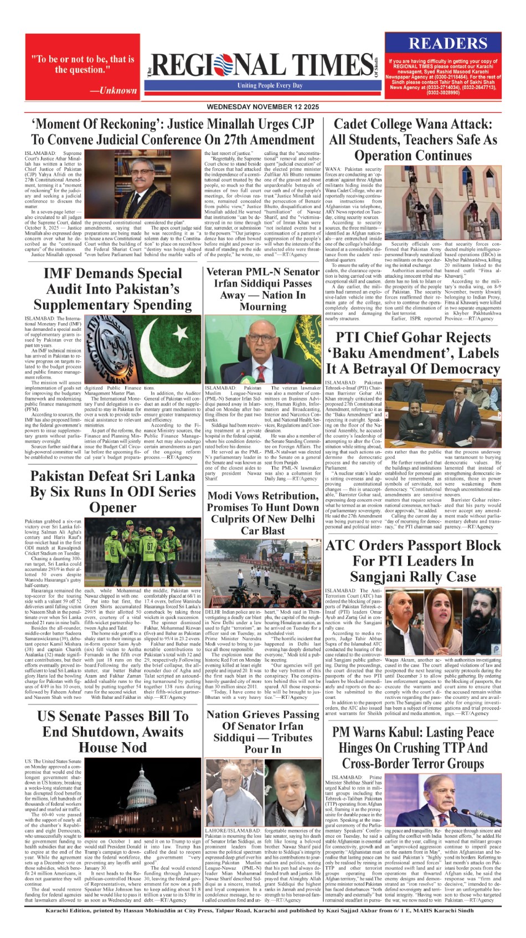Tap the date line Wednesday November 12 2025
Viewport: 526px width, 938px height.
262,107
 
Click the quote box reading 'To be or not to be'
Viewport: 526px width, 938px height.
82,65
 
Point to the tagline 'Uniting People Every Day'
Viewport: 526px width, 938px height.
270,86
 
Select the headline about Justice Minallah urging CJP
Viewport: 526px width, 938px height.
173,132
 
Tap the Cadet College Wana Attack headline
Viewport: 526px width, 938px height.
413,139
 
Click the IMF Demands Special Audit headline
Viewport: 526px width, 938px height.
112,289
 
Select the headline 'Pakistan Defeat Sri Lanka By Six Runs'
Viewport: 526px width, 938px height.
112,491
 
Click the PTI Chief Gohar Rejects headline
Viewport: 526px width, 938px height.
413,353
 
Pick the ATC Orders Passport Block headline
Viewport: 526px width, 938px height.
413,561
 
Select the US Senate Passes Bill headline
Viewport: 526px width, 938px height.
112,731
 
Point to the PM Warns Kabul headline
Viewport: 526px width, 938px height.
413,748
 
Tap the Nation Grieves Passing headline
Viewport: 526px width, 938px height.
263,732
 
